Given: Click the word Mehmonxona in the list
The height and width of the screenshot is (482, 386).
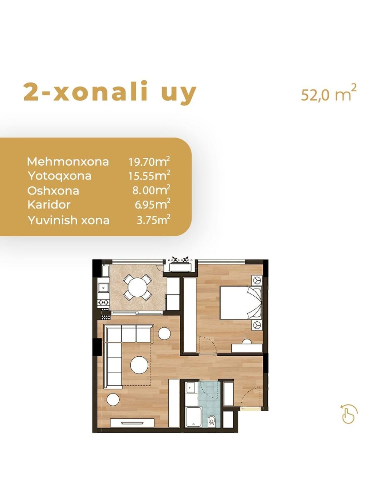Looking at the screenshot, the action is pyautogui.click(x=68, y=161).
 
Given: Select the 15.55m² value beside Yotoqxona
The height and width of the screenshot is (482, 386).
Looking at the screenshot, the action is pyautogui.click(x=149, y=175).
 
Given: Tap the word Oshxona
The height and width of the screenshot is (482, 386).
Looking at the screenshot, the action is pyautogui.click(x=53, y=191).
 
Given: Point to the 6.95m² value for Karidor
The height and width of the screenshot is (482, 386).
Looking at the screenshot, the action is pyautogui.click(x=152, y=204).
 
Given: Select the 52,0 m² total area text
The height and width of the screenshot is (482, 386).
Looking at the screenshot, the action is pyautogui.click(x=328, y=94).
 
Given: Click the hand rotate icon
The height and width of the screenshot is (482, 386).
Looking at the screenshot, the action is pyautogui.click(x=348, y=414).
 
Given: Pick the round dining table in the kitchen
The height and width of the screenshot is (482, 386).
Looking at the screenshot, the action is pyautogui.click(x=138, y=287).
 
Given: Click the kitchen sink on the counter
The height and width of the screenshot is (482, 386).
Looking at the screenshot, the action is pyautogui.click(x=104, y=288).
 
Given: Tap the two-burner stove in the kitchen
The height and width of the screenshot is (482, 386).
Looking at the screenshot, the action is pyautogui.click(x=104, y=303).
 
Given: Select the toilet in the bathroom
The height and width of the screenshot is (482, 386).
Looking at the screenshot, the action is pyautogui.click(x=211, y=419).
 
